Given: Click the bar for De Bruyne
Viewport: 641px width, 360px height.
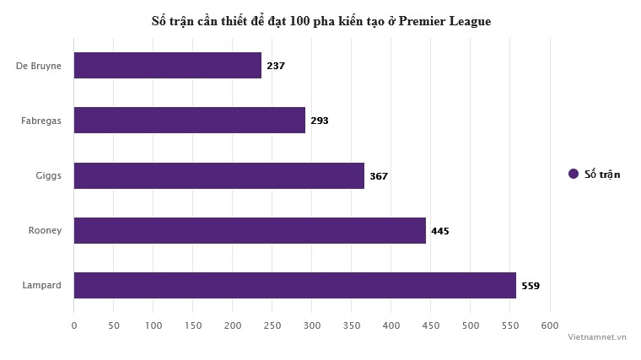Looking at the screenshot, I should point(167,66).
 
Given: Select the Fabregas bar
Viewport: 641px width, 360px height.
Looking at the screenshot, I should point(190,121).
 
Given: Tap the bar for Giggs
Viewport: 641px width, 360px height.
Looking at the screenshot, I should point(219,175).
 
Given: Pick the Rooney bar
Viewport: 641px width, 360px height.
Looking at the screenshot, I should point(250,230).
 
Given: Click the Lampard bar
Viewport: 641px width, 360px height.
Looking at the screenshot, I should point(295,285).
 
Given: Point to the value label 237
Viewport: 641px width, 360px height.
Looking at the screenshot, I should point(276,66).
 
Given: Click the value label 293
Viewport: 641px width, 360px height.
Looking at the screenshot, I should point(320,121).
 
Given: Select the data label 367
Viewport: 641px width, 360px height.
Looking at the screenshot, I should point(379,176).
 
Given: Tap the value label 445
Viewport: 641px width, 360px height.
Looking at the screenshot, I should point(440,231).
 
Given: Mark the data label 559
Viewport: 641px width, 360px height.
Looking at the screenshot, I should point(531,286).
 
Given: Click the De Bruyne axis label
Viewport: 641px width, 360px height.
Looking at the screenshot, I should point(39,66).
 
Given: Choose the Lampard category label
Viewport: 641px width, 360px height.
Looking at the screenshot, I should point(42,285).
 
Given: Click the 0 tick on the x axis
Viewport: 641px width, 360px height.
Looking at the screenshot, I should point(74,325).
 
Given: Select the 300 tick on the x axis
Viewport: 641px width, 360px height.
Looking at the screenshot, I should point(312,325).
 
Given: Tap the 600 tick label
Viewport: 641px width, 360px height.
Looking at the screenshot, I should point(550,325).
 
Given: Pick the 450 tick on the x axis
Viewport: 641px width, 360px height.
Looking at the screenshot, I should point(431,325).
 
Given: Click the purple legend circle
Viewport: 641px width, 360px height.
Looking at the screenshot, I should point(574,174).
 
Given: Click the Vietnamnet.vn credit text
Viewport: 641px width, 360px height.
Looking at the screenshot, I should point(597,336).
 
